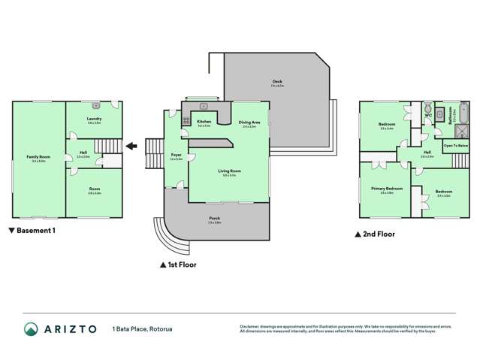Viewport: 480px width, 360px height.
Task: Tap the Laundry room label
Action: coord(94,119)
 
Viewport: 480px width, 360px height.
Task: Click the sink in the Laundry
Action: coord(95,106)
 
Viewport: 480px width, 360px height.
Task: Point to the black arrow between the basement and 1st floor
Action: coord(131,147)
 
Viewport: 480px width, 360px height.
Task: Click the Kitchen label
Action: coord(204,122)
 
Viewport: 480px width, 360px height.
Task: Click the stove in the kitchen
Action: coord(185,119)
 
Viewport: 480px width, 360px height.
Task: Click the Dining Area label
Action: coord(249,123)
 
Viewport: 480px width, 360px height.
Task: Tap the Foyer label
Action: coord(176,156)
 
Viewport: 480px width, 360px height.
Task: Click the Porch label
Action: coord(215,219)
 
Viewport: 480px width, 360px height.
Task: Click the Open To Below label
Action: coord(456,145)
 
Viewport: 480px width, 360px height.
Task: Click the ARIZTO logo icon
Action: coord(30,329)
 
